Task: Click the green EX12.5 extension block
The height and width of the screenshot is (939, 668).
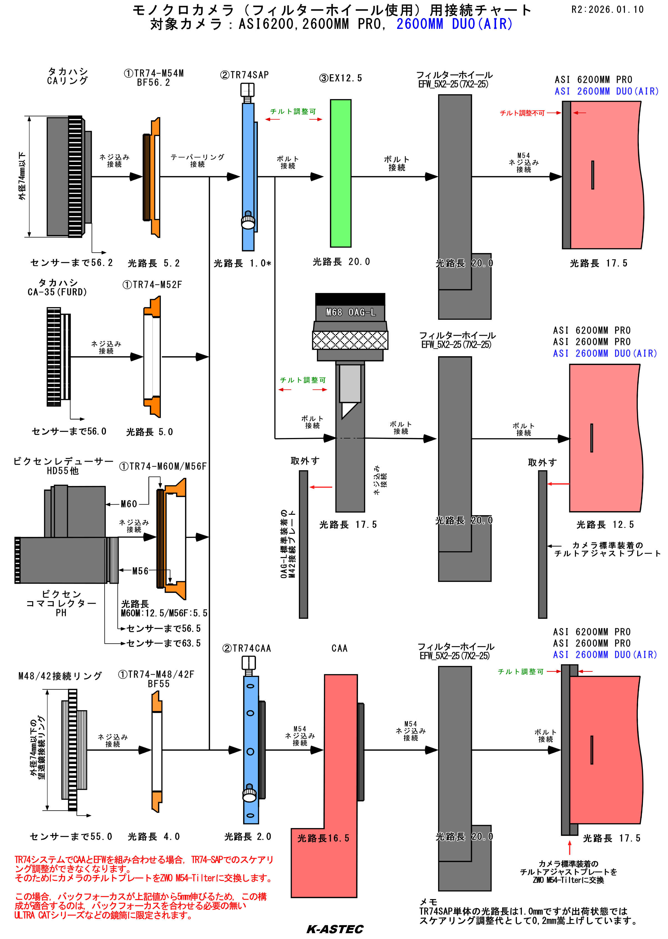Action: [x=341, y=173]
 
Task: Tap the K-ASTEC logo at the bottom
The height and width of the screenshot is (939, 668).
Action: [x=335, y=929]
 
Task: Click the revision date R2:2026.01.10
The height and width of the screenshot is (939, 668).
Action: [x=607, y=9]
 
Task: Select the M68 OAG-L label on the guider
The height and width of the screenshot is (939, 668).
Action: [x=350, y=312]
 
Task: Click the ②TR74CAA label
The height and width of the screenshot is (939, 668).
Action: [x=247, y=649]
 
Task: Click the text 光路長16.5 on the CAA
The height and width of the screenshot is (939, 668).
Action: [x=323, y=838]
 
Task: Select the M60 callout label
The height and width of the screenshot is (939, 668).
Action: [x=129, y=504]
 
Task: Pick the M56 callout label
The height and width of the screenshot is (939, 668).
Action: [x=140, y=571]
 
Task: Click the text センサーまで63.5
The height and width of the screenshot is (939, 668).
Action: [x=164, y=643]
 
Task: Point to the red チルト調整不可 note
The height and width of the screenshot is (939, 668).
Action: [x=522, y=113]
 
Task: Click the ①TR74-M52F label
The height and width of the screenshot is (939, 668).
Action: [x=152, y=285]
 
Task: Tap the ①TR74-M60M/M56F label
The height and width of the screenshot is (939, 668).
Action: [x=163, y=466]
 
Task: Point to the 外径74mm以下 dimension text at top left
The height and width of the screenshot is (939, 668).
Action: [x=22, y=176]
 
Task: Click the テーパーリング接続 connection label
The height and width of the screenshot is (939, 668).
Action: [x=197, y=161]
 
